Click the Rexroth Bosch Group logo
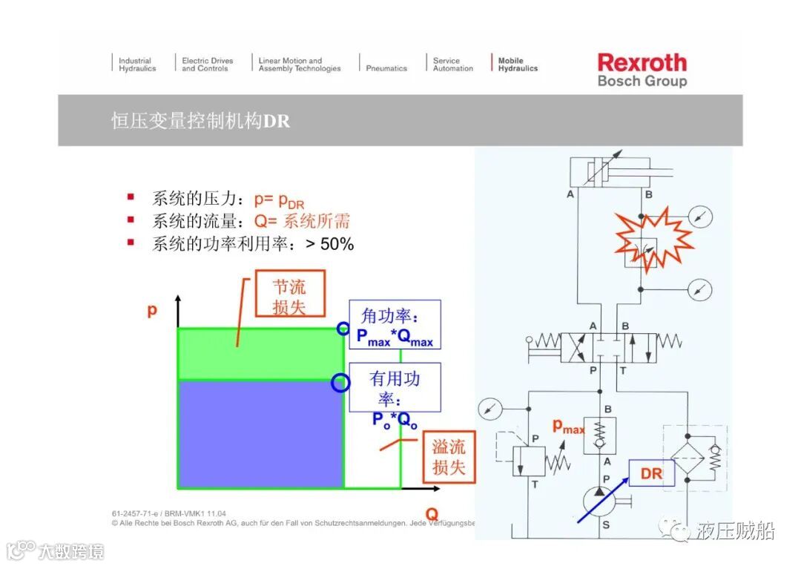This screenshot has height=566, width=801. pyautogui.click(x=642, y=70)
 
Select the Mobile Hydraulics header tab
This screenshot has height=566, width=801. pyautogui.click(x=517, y=65)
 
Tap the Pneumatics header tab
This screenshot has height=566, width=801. pyautogui.click(x=386, y=68)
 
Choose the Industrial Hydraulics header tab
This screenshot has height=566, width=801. pyautogui.click(x=137, y=65)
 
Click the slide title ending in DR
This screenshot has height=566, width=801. pyautogui.click(x=200, y=120)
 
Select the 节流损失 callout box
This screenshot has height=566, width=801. pyautogui.click(x=289, y=297)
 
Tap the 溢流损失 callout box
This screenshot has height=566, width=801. pyautogui.click(x=449, y=457)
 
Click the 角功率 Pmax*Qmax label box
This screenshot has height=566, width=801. pyautogui.click(x=395, y=325)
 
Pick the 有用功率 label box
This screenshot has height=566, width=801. pyautogui.click(x=395, y=386)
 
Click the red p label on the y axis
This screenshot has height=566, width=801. pyautogui.click(x=152, y=310)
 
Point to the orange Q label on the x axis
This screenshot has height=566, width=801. pyautogui.click(x=431, y=513)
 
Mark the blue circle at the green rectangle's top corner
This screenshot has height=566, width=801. pyautogui.click(x=342, y=328)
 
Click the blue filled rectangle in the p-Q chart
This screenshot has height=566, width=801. pyautogui.click(x=260, y=433)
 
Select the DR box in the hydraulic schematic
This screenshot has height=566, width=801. pyautogui.click(x=651, y=473)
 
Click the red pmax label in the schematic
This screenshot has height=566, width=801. pyautogui.click(x=568, y=427)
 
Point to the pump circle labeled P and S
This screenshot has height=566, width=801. pyautogui.click(x=607, y=504)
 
